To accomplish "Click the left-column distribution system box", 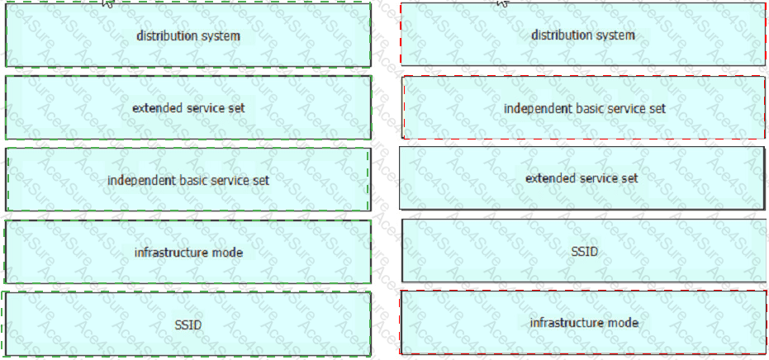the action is (x=188, y=35).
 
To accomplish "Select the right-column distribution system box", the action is (x=583, y=35).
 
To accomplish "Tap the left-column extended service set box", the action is (x=188, y=107).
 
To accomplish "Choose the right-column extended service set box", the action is (x=581, y=178).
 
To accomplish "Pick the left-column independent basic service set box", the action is (x=188, y=179).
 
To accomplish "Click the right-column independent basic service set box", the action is (x=584, y=107).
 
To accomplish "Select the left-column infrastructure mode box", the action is (x=188, y=252).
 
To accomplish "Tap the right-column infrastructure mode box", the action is (x=583, y=322).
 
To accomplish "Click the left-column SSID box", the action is (x=187, y=324).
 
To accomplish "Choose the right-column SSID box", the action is (x=585, y=251).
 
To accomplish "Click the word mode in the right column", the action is (x=624, y=323).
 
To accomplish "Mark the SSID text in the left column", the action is (x=188, y=324).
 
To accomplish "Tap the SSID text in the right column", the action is (x=585, y=252).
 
